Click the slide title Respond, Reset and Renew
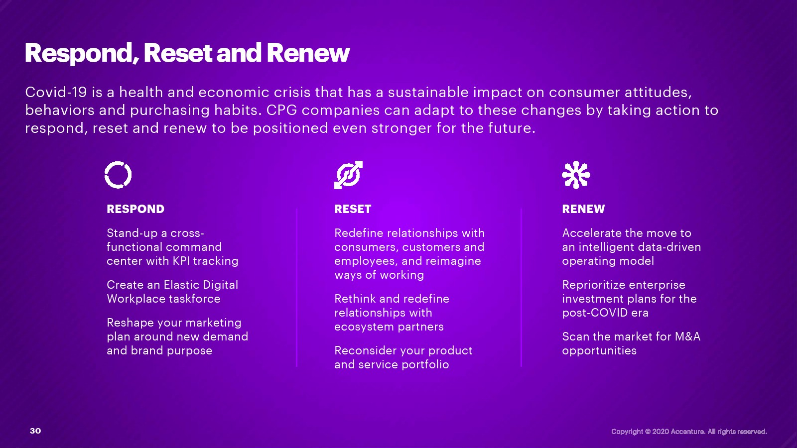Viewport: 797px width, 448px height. pyautogui.click(x=187, y=53)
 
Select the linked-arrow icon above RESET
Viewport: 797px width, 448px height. pyautogui.click(x=348, y=175)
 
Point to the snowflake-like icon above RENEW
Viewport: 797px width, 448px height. pyautogui.click(x=576, y=175)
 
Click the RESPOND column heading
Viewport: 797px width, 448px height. pyautogui.click(x=135, y=209)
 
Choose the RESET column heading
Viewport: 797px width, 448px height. pyautogui.click(x=353, y=209)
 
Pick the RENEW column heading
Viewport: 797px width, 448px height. pyautogui.click(x=583, y=209)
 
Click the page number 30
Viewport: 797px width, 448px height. pyautogui.click(x=35, y=431)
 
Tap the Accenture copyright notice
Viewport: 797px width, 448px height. pyautogui.click(x=689, y=432)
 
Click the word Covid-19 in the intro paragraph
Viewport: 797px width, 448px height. pyautogui.click(x=56, y=92)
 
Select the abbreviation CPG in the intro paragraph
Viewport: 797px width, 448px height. pyautogui.click(x=282, y=110)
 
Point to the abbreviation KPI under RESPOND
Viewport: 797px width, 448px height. pyautogui.click(x=181, y=261)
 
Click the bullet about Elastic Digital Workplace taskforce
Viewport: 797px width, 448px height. pyautogui.click(x=172, y=292)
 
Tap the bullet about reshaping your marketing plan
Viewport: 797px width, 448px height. pyautogui.click(x=177, y=336)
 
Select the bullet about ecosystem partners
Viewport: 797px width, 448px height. pyautogui.click(x=392, y=313)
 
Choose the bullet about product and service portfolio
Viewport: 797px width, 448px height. pyautogui.click(x=403, y=357)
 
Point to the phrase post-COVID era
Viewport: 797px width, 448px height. pyautogui.click(x=605, y=313)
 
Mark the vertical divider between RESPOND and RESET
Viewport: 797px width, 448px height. pyautogui.click(x=296, y=287)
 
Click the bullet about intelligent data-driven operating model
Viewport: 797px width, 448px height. pyautogui.click(x=632, y=247)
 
